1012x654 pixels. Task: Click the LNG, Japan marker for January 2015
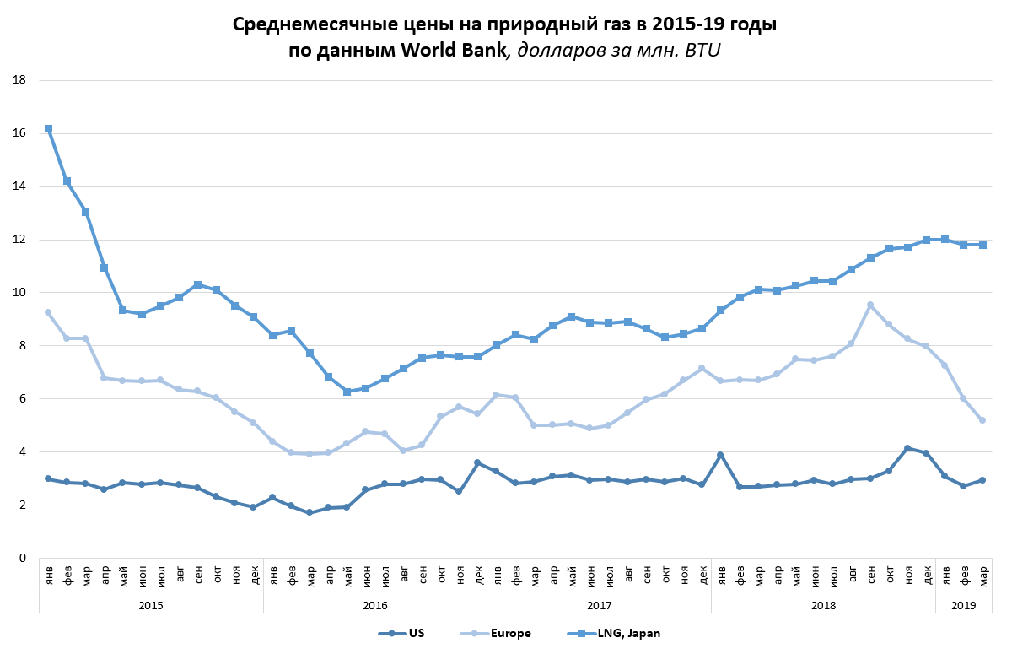pos(48,129)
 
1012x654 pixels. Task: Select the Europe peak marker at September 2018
pos(870,305)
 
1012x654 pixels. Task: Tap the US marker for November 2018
pos(907,448)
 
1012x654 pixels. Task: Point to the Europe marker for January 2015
pos(48,312)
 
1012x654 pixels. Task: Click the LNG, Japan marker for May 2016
pos(347,392)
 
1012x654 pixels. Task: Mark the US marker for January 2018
pos(721,455)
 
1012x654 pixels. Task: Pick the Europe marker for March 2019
pos(982,420)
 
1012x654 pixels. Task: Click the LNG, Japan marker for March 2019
pos(982,245)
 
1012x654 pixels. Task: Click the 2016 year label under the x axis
pos(375,605)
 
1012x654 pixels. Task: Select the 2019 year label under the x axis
pos(964,605)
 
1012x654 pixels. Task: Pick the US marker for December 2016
pos(478,462)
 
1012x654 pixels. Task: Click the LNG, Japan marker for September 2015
pos(197,284)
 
